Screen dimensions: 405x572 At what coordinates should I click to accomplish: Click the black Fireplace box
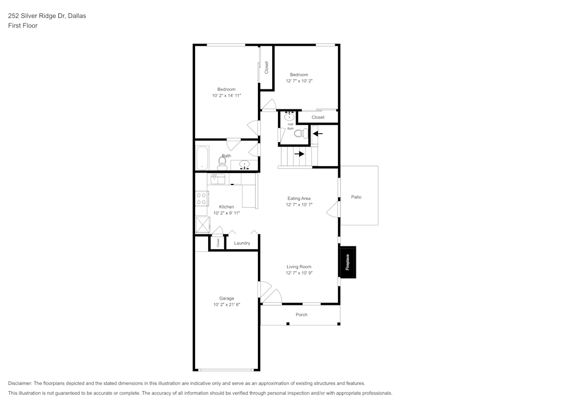click(348, 262)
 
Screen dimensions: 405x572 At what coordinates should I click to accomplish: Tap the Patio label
click(356, 197)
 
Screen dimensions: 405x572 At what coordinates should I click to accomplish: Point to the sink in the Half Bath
click(289, 117)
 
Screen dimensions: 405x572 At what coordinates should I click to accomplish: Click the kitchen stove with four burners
click(201, 199)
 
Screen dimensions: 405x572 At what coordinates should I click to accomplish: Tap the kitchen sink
click(218, 179)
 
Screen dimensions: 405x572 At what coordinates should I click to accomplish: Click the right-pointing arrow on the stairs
click(299, 154)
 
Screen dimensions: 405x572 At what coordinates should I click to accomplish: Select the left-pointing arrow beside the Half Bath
click(317, 134)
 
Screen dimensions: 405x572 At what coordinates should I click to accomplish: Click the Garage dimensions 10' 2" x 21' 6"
click(227, 305)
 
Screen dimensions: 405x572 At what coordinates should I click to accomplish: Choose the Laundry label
click(242, 243)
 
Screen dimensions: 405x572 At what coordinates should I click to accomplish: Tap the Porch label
click(301, 314)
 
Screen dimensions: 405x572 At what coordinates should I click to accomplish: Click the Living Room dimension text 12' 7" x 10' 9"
click(299, 273)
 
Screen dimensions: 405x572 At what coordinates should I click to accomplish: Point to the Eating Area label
click(299, 198)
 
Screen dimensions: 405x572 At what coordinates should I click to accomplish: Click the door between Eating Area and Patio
click(333, 210)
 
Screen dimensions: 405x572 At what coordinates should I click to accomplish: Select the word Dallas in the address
click(77, 16)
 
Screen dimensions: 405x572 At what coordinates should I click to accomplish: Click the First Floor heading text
click(23, 26)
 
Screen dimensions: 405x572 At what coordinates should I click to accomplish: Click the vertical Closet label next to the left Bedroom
click(267, 68)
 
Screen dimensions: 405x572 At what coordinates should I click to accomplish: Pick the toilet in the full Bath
click(222, 164)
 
